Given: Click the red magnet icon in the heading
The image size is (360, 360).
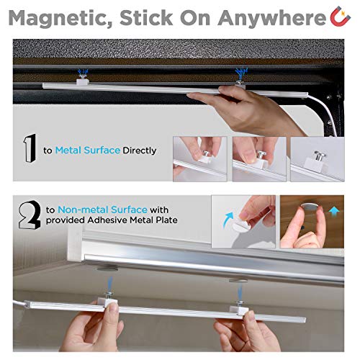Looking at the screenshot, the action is [x=340, y=17].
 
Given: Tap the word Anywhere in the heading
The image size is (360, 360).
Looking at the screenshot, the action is [x=271, y=19].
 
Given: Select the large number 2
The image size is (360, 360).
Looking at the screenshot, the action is [x=30, y=215].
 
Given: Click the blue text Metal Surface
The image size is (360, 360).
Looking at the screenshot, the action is [x=88, y=150].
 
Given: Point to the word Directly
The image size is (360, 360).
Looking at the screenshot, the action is [x=140, y=151].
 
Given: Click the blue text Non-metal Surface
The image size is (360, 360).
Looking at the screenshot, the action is [x=102, y=210].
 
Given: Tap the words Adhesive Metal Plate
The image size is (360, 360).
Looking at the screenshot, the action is [x=132, y=220].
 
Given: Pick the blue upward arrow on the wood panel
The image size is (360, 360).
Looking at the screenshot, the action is [x=334, y=212].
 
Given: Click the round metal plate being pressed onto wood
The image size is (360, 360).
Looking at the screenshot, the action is [x=311, y=206].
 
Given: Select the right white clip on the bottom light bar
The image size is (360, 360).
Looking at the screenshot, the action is [x=238, y=309].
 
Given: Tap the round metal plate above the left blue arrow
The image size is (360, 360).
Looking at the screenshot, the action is [x=107, y=268].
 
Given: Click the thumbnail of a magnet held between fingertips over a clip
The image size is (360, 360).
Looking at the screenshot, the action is [x=259, y=159].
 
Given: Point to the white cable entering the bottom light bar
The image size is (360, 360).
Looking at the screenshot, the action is [x=19, y=304].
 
